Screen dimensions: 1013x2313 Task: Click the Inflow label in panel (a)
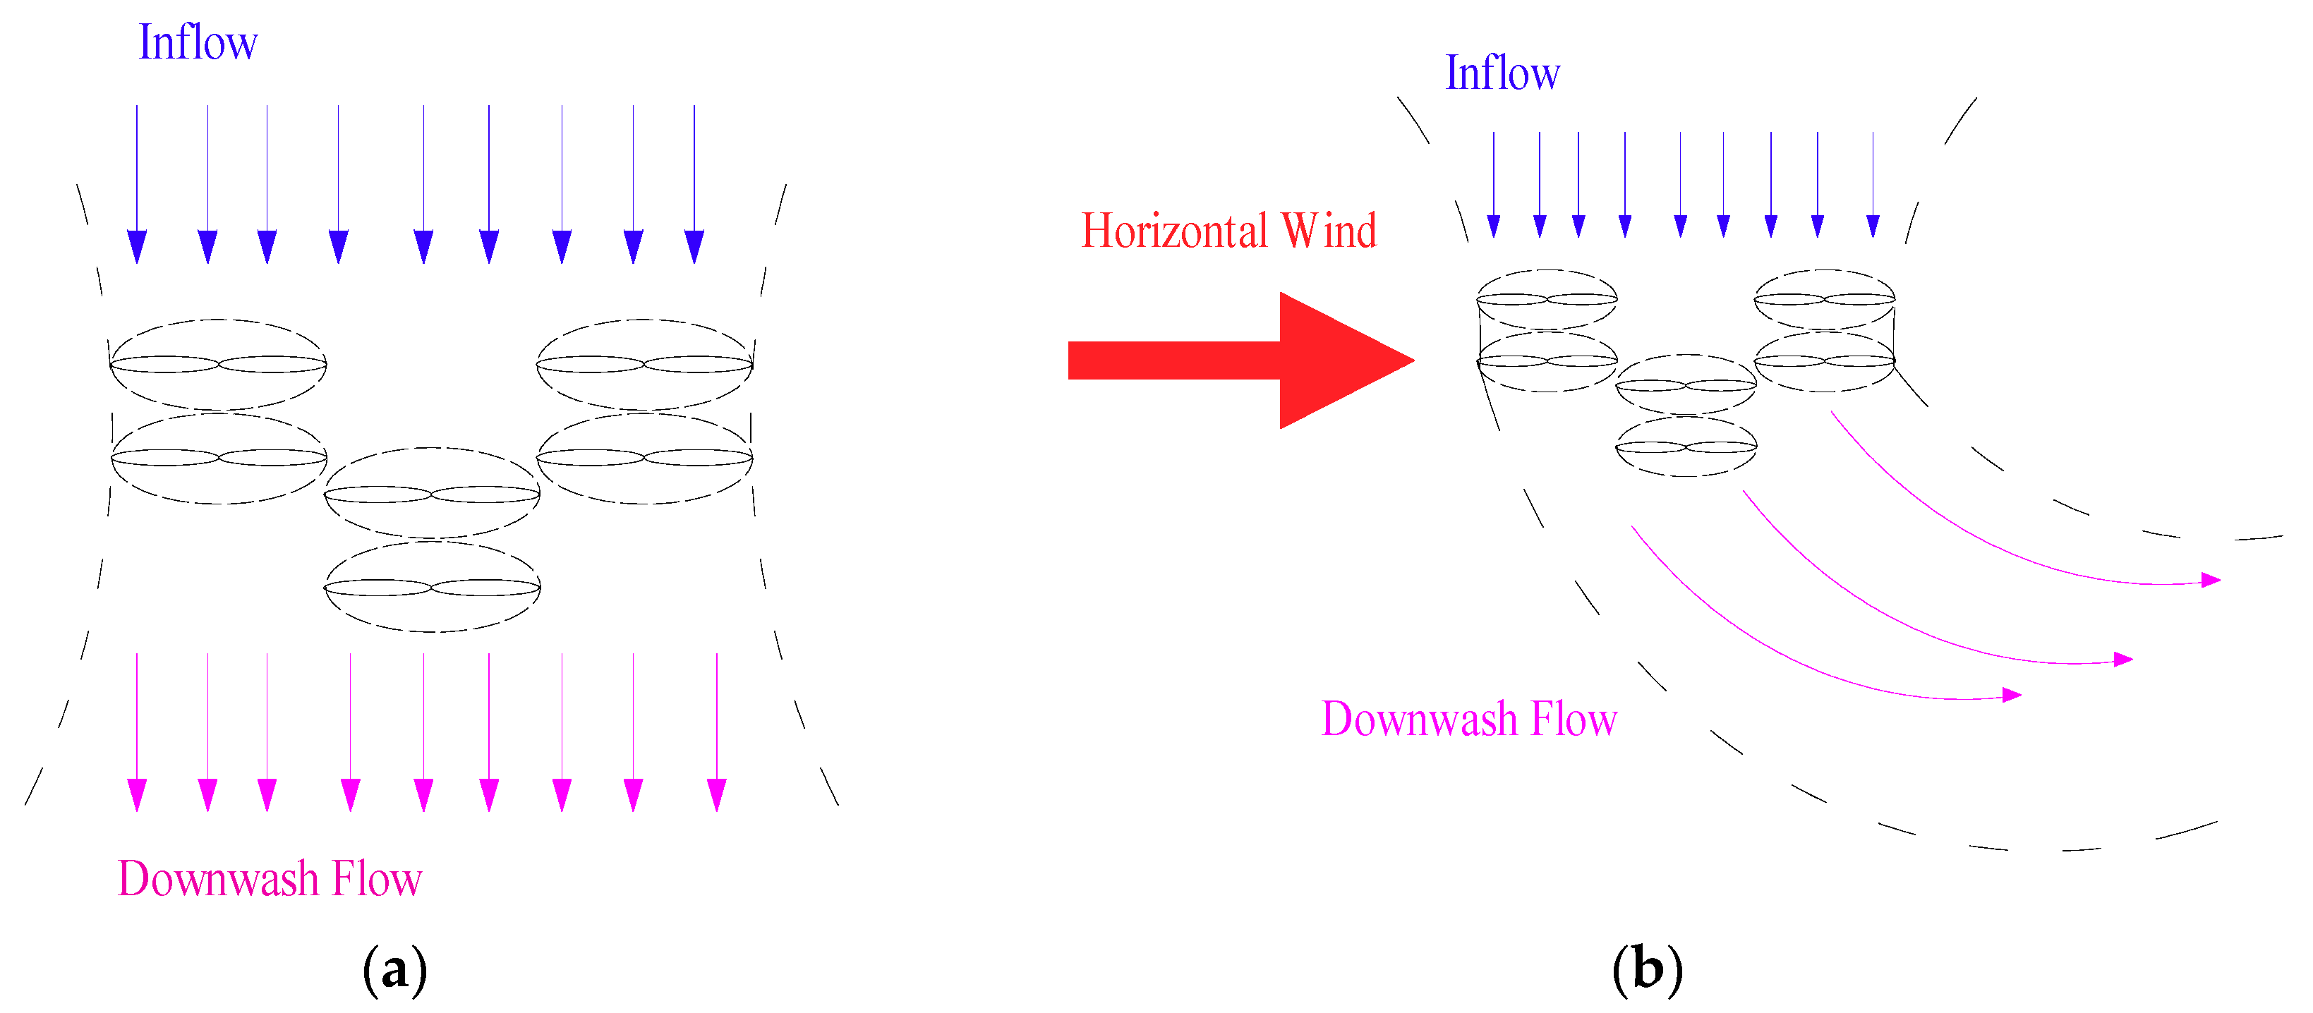click(198, 42)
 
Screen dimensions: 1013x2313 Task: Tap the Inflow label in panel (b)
click(1502, 73)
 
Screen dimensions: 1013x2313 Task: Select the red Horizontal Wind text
click(1228, 231)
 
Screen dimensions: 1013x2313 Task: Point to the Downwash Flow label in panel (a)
click(270, 878)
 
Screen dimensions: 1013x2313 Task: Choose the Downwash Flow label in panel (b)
click(1469, 720)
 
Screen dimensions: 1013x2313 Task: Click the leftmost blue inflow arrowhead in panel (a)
click(136, 246)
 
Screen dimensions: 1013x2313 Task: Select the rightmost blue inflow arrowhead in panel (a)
click(694, 246)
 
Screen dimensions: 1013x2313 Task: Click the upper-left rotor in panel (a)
click(218, 364)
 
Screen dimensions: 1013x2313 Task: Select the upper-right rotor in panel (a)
click(645, 364)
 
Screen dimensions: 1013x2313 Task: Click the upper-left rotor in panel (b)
click(1547, 298)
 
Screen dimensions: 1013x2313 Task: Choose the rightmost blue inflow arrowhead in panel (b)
click(1873, 226)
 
